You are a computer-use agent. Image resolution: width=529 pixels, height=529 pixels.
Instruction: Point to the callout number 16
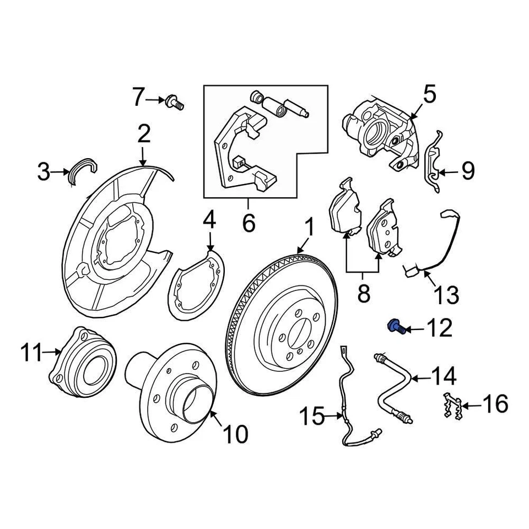coord(495,405)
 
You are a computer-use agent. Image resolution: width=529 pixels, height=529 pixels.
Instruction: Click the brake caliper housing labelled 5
coord(380,129)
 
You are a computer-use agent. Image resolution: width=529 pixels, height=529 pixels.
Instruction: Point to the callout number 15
coord(312,417)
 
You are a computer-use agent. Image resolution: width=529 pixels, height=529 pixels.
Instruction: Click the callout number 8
coord(363,293)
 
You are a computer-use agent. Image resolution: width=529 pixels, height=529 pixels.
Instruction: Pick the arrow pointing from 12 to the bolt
coord(416,330)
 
